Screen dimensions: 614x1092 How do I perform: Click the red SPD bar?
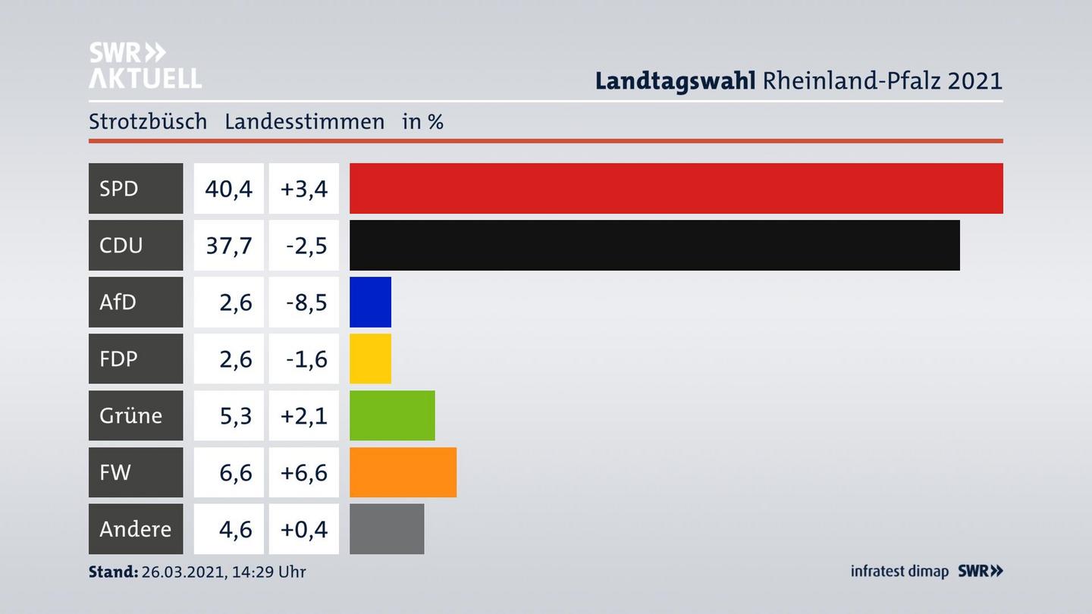pyautogui.click(x=676, y=188)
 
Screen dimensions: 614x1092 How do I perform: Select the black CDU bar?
pyautogui.click(x=654, y=245)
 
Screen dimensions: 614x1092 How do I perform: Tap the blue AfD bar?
pyautogui.click(x=370, y=302)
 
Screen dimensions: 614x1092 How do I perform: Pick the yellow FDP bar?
pyautogui.click(x=370, y=359)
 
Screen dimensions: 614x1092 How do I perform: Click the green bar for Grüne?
pyautogui.click(x=392, y=415)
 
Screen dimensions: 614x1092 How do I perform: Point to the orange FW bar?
pyautogui.click(x=403, y=472)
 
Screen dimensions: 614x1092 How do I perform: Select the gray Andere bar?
pyautogui.click(x=387, y=528)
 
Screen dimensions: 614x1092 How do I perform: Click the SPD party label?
pyautogui.click(x=119, y=188)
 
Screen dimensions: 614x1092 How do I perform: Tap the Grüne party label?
pyautogui.click(x=130, y=415)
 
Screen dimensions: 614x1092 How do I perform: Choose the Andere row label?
pyautogui.click(x=135, y=528)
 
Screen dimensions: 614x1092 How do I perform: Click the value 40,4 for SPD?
pyautogui.click(x=228, y=188)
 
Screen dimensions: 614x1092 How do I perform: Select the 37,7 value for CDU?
pyautogui.click(x=228, y=245)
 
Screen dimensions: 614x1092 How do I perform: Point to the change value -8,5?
pyautogui.click(x=306, y=302)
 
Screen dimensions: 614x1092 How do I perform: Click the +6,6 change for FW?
pyautogui.click(x=303, y=472)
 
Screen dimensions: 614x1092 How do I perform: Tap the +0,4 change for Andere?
pyautogui.click(x=303, y=528)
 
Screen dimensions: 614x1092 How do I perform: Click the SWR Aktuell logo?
pyautogui.click(x=144, y=65)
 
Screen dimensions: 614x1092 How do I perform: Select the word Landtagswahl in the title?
pyautogui.click(x=675, y=80)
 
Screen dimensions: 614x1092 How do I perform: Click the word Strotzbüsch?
pyautogui.click(x=148, y=121)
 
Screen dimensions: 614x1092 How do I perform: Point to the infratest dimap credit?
pyautogui.click(x=899, y=571)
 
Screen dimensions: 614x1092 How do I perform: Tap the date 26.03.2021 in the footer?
pyautogui.click(x=182, y=572)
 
